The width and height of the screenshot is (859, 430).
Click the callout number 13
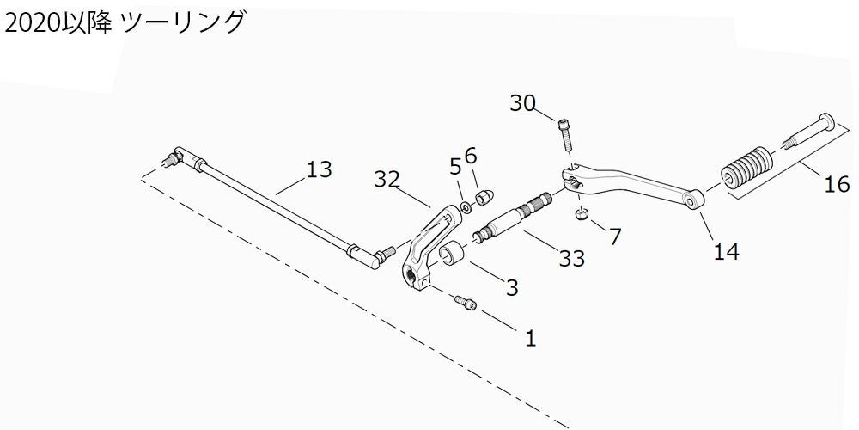tap(319, 169)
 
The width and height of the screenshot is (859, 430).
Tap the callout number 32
tap(387, 179)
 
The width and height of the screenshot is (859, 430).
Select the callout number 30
tap(522, 103)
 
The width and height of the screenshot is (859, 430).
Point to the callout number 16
tap(837, 183)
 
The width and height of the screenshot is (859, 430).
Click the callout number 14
tap(726, 251)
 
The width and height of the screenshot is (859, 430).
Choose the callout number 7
tap(615, 236)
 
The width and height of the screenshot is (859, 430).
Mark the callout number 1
tap(530, 339)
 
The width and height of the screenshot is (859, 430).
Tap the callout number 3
tap(512, 287)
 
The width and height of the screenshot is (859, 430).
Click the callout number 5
tap(455, 165)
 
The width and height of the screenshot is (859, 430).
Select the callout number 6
tap(470, 155)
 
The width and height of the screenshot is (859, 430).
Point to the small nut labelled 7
tap(582, 215)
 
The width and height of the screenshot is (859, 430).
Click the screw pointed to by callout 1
tap(464, 302)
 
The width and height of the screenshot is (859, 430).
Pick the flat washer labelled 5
tap(465, 206)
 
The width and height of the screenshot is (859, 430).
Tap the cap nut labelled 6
tap(483, 197)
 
